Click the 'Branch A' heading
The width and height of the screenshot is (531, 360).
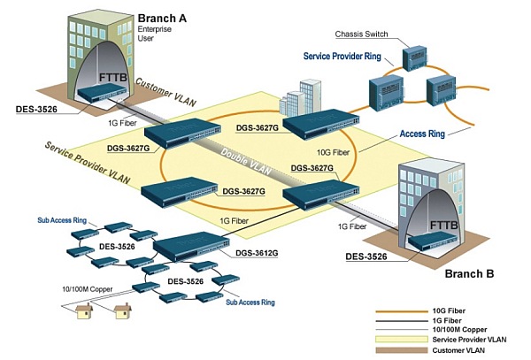point(163,18)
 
